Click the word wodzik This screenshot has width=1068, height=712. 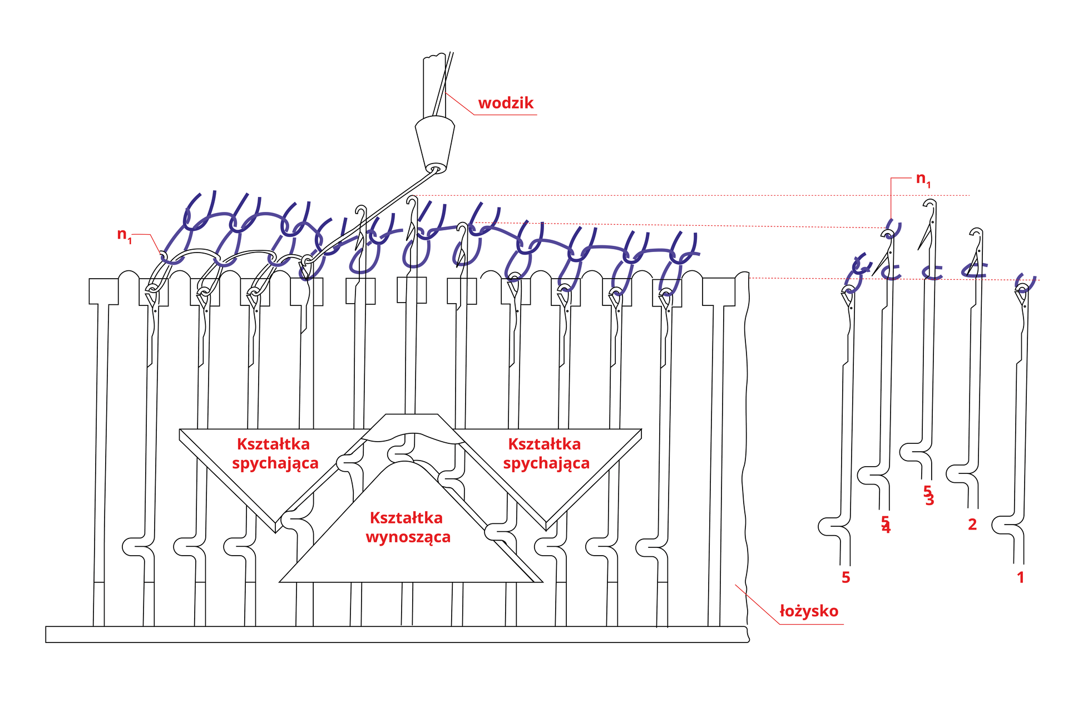point(505,103)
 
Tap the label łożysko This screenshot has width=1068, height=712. point(808,611)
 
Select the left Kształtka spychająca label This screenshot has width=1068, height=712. point(274,453)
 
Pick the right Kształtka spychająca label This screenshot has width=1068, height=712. point(546,453)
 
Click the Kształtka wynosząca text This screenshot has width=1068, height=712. point(407,527)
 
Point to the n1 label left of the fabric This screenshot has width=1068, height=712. point(124,234)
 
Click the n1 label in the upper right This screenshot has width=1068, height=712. point(923,179)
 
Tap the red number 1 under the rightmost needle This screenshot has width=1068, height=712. point(1020,577)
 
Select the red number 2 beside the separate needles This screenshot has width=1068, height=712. point(972,524)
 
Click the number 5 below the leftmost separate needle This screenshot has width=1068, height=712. point(845,577)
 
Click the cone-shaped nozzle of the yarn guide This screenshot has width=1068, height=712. point(435,142)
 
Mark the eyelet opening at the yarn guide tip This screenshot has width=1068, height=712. point(436,168)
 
